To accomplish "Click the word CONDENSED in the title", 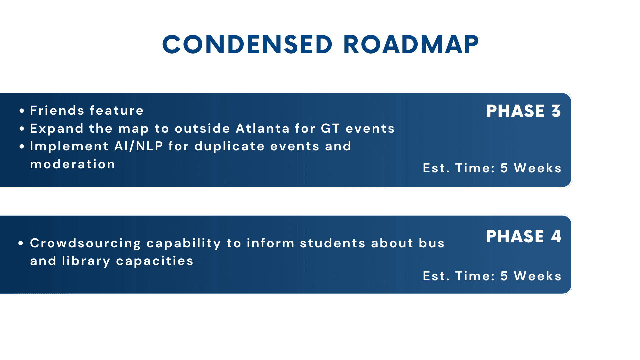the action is (x=247, y=45).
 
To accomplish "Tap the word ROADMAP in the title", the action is (x=411, y=45).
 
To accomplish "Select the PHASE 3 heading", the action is (x=524, y=111).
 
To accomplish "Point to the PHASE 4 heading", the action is (x=523, y=236).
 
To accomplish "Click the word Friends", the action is (x=57, y=110).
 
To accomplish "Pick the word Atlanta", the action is (x=263, y=128).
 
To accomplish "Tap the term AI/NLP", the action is (x=139, y=146).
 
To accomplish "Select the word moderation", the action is (x=73, y=164).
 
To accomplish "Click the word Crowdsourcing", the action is (x=86, y=243).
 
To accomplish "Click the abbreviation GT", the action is (x=330, y=128).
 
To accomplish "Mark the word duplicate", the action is (x=230, y=146).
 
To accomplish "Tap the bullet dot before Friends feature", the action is (x=22, y=111).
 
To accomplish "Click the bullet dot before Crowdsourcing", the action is (x=21, y=243).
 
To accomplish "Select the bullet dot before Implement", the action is (x=22, y=147).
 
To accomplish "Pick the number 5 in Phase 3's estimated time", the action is (x=504, y=168).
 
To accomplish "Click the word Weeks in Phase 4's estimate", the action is (x=538, y=276).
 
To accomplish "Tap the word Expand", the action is (x=57, y=129).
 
